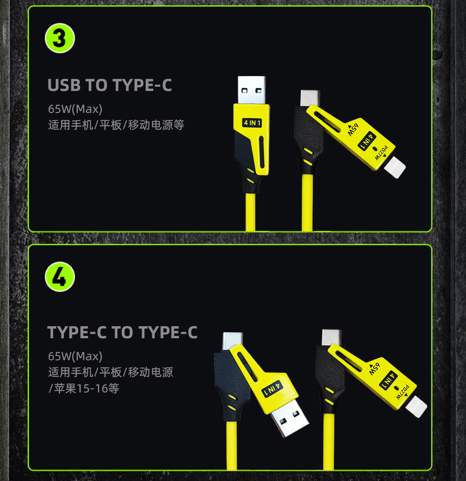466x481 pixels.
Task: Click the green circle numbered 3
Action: [x=60, y=38]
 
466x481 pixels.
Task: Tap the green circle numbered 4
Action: [x=60, y=276]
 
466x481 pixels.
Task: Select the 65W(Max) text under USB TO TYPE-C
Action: [x=75, y=109]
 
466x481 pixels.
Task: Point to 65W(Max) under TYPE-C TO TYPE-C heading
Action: [x=75, y=356]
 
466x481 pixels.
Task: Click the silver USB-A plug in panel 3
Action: [x=252, y=90]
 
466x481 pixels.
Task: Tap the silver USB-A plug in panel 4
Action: [x=289, y=418]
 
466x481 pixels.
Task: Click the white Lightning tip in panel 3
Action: [x=395, y=167]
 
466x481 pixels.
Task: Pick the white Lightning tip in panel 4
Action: [x=416, y=407]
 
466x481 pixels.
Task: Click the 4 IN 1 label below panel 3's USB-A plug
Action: [x=252, y=123]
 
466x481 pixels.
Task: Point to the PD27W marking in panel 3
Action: [x=381, y=153]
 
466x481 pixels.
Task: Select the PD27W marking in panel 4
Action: [x=403, y=392]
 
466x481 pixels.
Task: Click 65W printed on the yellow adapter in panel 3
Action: [x=353, y=130]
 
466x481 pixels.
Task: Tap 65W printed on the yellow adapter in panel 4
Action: [x=374, y=369]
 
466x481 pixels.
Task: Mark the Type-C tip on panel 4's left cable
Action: [x=233, y=341]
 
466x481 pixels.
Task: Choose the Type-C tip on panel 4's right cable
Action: [x=331, y=337]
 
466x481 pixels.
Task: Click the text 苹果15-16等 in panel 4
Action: [x=86, y=388]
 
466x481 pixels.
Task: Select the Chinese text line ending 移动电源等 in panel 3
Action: [x=116, y=125]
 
